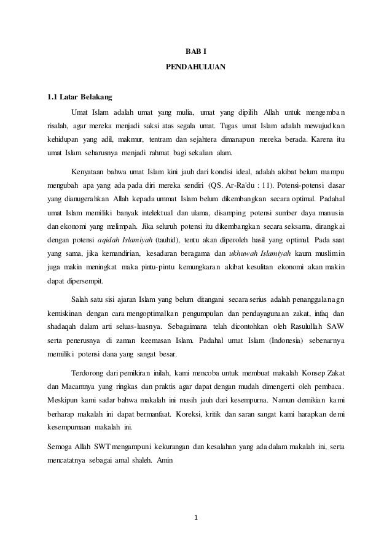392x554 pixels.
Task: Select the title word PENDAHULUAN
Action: pyautogui.click(x=196, y=66)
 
